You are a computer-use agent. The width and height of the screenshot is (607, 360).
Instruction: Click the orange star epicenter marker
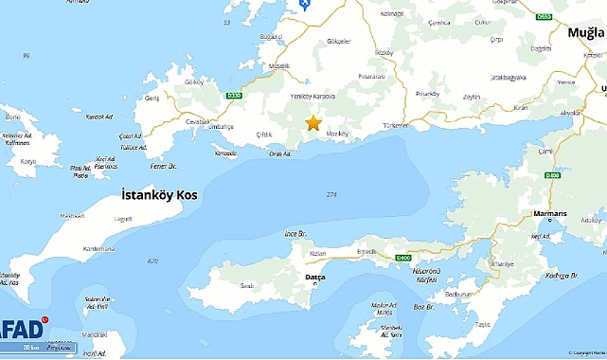313,122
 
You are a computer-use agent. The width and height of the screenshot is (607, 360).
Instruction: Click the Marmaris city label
549,214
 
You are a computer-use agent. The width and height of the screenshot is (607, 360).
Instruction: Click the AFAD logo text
21,329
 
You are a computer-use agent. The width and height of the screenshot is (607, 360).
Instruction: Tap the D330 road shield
237,95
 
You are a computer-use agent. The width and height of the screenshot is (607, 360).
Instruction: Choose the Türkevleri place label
395,126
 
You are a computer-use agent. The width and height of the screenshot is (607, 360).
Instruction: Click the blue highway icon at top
304,5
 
